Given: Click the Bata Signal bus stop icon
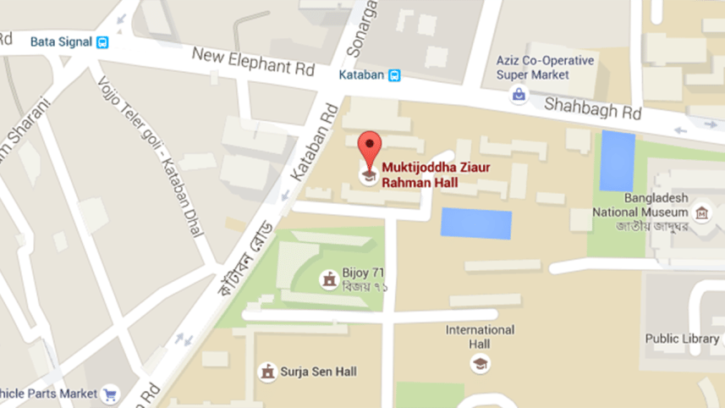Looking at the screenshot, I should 102,41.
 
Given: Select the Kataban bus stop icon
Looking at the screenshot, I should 394,74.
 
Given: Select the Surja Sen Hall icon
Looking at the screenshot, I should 268,372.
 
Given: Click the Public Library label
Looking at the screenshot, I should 682,339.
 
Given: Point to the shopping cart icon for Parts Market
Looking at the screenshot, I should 109,394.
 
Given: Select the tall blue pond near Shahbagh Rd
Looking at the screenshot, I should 618,161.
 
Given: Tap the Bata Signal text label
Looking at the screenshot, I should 59,41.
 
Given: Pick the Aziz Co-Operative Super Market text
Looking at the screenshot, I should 546,68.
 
